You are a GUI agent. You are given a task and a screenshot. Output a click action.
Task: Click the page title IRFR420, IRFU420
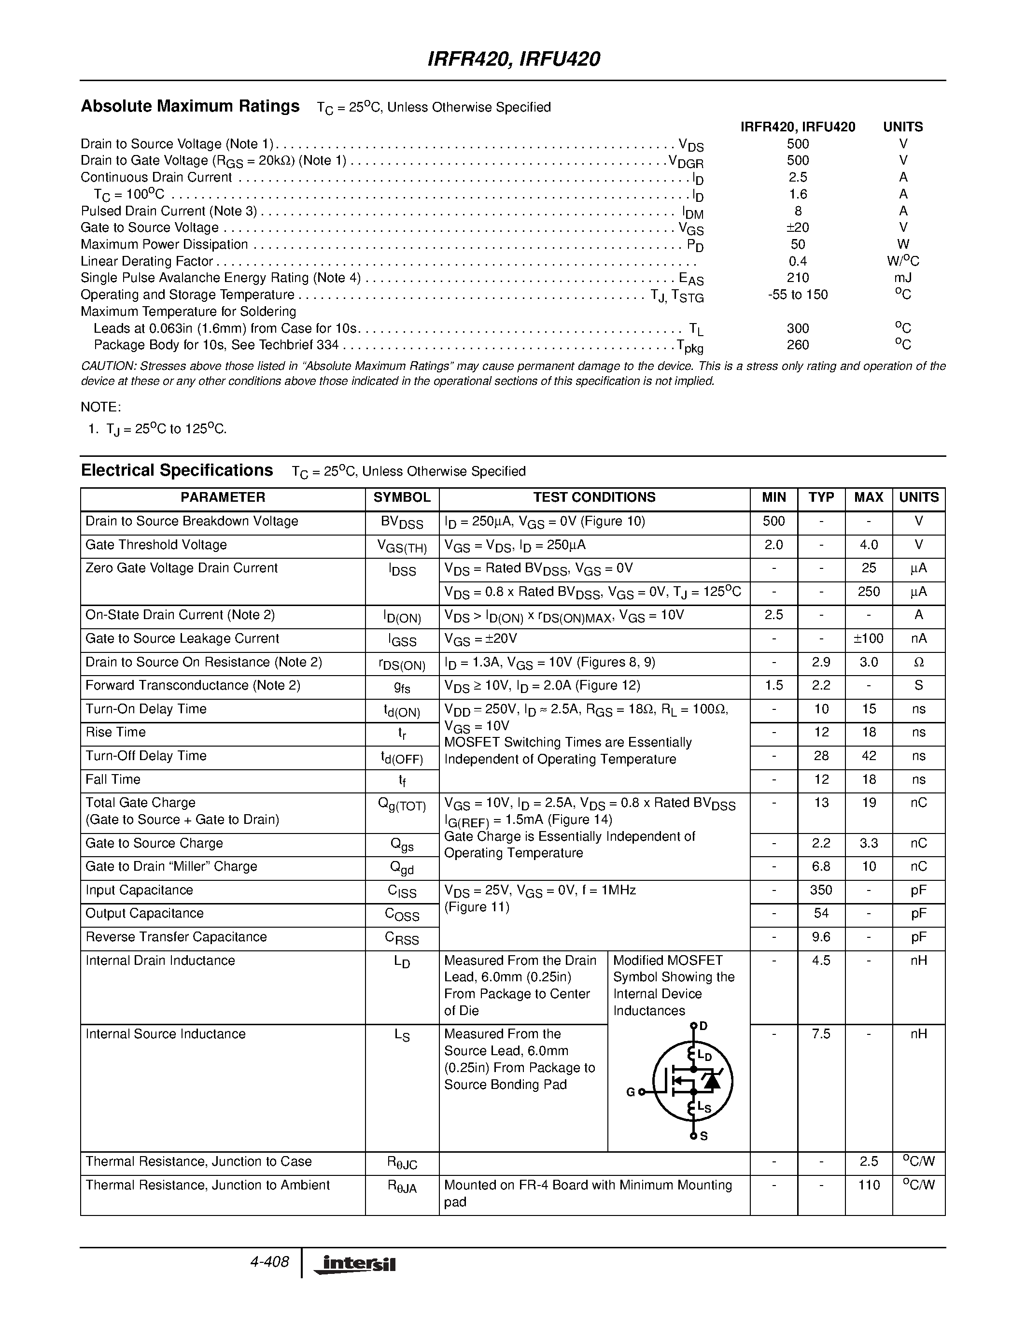click(514, 59)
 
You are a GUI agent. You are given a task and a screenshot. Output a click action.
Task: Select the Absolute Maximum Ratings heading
click(190, 106)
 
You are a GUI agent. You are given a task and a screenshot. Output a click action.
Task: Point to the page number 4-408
click(269, 1262)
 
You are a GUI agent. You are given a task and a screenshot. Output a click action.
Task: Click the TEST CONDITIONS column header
click(594, 497)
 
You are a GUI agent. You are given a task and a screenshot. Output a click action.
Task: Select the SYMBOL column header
click(401, 497)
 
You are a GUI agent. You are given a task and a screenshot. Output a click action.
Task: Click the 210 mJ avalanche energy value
click(798, 278)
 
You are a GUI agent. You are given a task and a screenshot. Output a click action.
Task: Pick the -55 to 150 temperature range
click(798, 295)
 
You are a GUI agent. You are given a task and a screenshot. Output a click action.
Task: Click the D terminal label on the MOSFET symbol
click(703, 1026)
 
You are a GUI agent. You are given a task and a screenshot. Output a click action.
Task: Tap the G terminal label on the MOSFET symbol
click(630, 1092)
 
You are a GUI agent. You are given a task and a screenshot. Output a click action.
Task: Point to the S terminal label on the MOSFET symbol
click(703, 1136)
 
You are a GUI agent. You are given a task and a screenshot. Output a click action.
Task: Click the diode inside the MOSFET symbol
click(711, 1080)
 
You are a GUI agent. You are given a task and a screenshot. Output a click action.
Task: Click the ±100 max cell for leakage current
click(869, 638)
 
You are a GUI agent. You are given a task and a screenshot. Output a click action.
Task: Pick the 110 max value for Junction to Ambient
click(869, 1185)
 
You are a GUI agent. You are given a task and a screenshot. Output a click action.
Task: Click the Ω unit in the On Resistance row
click(918, 662)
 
